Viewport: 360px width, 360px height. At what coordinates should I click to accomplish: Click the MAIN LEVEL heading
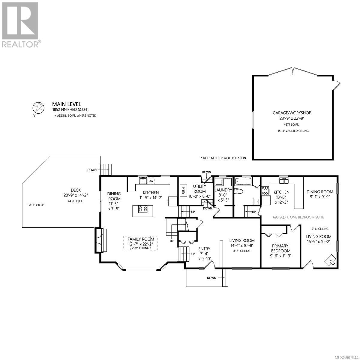(x=67, y=104)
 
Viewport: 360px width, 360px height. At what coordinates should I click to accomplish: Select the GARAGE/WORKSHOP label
(x=292, y=113)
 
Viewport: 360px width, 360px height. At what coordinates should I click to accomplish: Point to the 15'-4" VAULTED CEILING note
(x=293, y=131)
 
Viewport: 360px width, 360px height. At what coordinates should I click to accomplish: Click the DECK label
(x=76, y=190)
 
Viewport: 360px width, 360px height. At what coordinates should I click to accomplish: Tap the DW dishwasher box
(x=151, y=181)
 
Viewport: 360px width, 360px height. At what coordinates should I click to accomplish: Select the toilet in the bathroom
(x=239, y=191)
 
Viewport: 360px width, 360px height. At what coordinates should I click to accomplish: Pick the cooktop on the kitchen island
(x=143, y=209)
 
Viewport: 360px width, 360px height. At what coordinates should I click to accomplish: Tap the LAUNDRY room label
(x=223, y=190)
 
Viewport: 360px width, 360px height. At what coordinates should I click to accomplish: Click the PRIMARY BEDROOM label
(x=280, y=248)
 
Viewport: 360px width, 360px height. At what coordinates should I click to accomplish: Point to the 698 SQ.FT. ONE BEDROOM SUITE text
(x=298, y=217)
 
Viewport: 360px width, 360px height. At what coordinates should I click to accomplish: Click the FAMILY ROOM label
(x=141, y=239)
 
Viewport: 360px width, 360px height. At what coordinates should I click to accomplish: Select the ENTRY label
(x=204, y=249)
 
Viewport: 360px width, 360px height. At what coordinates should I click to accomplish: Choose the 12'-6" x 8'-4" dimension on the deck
(x=36, y=205)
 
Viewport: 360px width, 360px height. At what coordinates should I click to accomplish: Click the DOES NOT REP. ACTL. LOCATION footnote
(x=223, y=158)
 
